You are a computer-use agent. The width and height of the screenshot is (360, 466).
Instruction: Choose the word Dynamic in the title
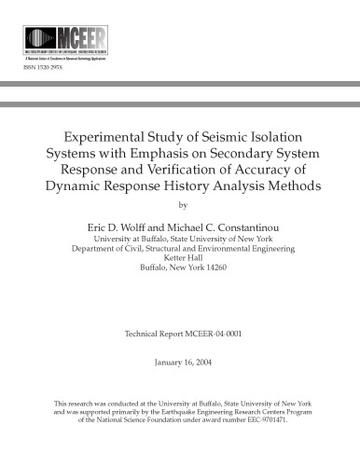(x=78, y=186)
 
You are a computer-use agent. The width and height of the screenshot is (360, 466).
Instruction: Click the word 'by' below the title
(x=181, y=206)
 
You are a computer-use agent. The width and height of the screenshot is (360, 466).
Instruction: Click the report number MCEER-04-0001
(x=215, y=333)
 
